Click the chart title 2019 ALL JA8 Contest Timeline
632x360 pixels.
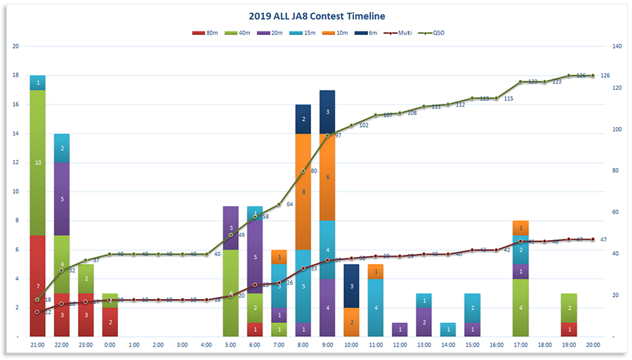(317, 15)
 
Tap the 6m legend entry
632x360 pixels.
(367, 33)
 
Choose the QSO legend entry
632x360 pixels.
(433, 33)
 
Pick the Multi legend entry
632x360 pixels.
(399, 33)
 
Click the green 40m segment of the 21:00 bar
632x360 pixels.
(38, 162)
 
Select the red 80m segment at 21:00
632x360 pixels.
(38, 286)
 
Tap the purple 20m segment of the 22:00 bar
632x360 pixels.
(62, 199)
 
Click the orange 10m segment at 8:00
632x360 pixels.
(303, 192)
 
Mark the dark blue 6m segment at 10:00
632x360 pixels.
(352, 286)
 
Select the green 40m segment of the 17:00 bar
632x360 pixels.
(520, 307)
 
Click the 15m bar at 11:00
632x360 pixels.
(376, 307)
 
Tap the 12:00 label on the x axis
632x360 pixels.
(400, 345)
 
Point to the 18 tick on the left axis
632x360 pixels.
(16, 76)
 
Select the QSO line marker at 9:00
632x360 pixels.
(327, 135)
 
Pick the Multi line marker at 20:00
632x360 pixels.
(593, 239)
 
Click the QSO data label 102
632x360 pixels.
(364, 125)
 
